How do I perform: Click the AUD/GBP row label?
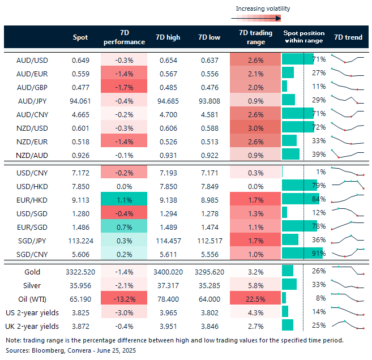[32, 86]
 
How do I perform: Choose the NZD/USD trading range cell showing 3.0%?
[255, 127]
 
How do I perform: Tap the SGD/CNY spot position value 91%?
[318, 253]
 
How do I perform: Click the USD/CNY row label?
[32, 172]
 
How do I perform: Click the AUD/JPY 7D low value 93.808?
[210, 100]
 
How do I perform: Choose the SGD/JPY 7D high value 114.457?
[168, 239]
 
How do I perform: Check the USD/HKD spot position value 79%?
[318, 185]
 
